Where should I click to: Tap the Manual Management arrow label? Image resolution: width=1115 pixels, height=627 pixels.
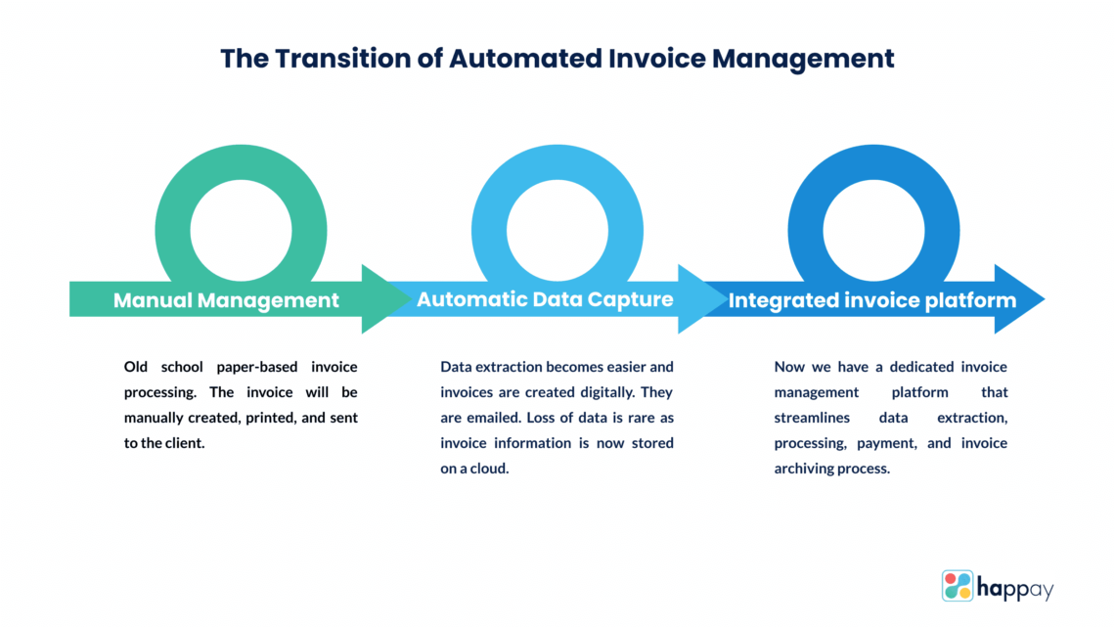(x=226, y=300)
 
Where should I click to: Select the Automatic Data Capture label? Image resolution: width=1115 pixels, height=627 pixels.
(x=545, y=299)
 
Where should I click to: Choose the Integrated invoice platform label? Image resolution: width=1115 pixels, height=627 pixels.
(x=871, y=300)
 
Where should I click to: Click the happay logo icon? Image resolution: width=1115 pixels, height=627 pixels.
(x=958, y=586)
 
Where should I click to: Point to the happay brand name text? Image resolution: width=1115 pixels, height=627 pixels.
(x=1014, y=588)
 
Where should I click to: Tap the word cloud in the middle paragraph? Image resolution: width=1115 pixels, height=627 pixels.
(x=495, y=469)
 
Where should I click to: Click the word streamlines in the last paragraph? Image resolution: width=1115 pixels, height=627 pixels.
(x=817, y=418)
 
